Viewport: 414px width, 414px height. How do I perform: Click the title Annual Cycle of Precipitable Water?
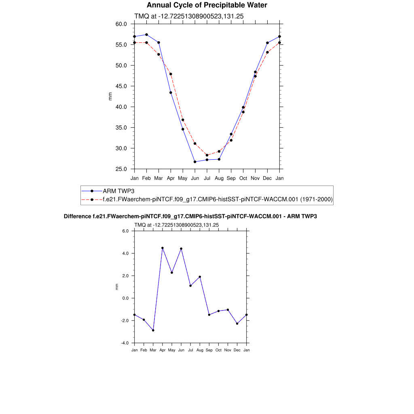coord(207,5)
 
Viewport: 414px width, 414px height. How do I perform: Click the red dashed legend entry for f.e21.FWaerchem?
coord(218,199)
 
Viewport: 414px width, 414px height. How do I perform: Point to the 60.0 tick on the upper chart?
coord(121,24)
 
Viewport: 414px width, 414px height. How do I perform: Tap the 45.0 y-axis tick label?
coord(121,86)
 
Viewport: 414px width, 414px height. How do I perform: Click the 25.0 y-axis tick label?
coord(121,169)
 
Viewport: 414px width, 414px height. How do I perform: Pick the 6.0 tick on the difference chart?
coord(125,231)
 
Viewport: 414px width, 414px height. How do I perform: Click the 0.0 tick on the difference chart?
coord(125,298)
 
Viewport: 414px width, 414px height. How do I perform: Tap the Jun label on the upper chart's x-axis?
coord(195,178)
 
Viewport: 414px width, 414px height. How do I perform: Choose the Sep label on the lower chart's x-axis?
coord(209,350)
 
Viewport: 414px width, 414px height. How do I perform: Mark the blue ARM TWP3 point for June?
coord(195,162)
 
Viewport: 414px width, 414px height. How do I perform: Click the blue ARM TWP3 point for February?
coord(146,35)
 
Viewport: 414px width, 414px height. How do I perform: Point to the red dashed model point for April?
coord(171,74)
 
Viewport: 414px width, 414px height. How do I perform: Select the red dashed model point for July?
coord(207,155)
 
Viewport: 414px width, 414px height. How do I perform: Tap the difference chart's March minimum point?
coord(153,330)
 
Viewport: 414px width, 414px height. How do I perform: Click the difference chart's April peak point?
coord(163,248)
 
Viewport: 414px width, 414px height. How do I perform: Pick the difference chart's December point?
coord(237,323)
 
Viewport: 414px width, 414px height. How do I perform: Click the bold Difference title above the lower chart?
coord(190,216)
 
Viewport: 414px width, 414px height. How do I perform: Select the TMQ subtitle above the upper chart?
coord(188,16)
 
